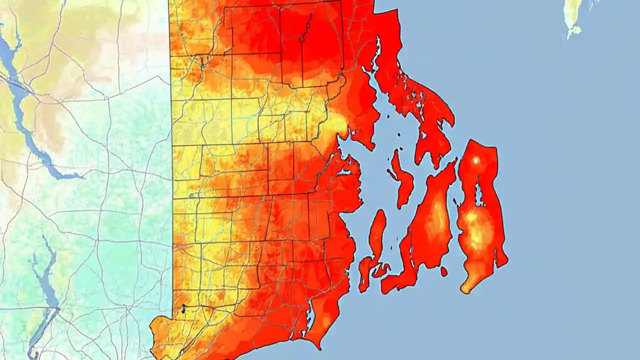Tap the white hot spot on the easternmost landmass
coord(475,160)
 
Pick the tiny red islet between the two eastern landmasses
coord(444,271)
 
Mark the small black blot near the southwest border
coord(183,309)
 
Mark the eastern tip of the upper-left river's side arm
coord(80,176)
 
